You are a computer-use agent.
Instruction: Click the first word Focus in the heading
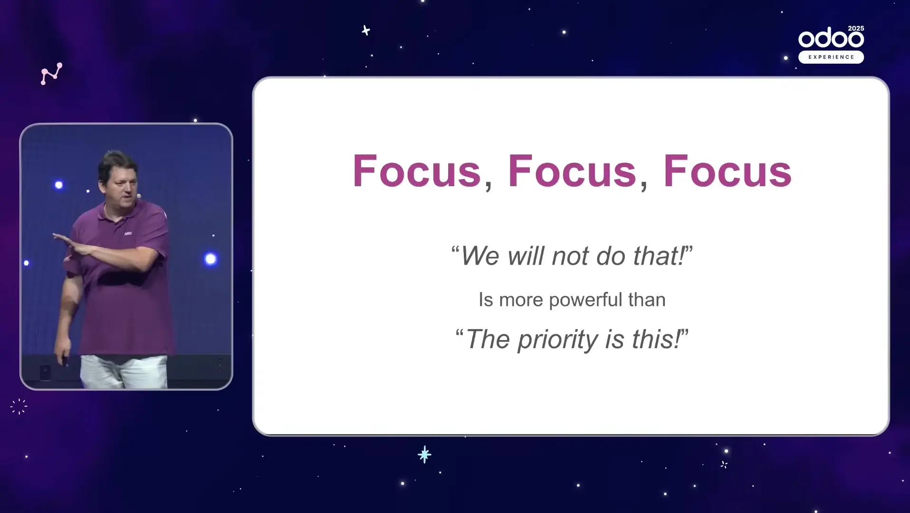tap(417, 171)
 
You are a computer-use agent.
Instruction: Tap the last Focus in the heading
tap(728, 171)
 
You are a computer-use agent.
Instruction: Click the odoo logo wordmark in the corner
tap(831, 38)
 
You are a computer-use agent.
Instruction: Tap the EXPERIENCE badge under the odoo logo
tap(831, 57)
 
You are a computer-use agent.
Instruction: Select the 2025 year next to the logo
tap(856, 28)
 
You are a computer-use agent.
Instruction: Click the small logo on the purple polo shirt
tap(128, 233)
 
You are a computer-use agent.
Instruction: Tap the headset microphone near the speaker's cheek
tap(139, 196)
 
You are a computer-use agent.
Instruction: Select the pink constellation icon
tap(51, 74)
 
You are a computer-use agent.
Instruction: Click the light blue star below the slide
tap(424, 455)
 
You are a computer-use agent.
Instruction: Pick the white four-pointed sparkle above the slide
tap(365, 30)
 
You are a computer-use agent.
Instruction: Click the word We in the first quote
tap(480, 256)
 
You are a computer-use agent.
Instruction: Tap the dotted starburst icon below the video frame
tap(19, 406)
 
